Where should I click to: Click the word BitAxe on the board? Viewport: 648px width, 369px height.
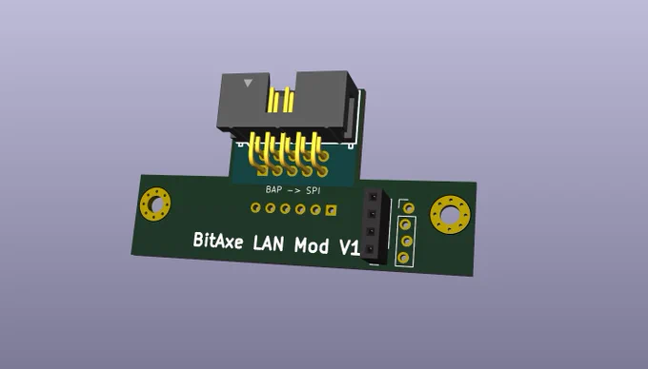[218, 241]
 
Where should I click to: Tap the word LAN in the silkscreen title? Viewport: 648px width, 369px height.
[268, 243]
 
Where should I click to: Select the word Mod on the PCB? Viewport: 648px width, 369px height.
[312, 245]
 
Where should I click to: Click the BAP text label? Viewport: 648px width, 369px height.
[273, 189]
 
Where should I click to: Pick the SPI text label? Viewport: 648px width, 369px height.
[314, 190]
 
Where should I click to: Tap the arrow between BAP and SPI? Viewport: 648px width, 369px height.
[294, 190]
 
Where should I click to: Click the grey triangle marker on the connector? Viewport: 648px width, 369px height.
[248, 83]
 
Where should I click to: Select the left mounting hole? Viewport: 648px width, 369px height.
[155, 204]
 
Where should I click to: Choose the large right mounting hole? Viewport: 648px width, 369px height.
[450, 215]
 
